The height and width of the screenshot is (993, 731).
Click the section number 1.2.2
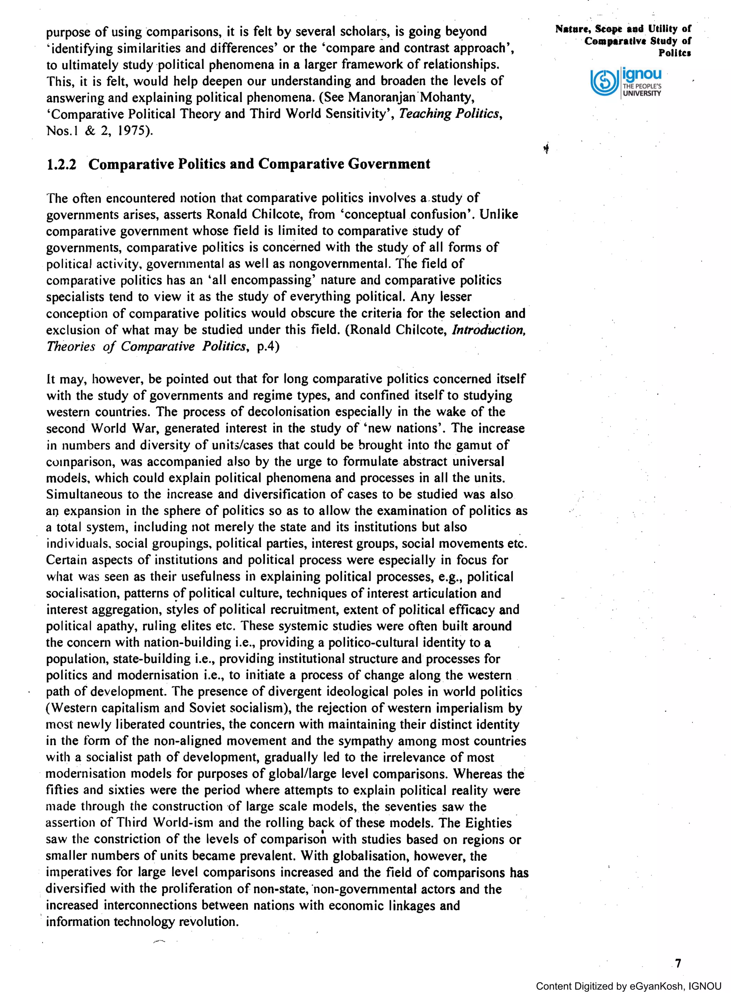(61, 164)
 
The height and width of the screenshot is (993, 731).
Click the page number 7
(678, 963)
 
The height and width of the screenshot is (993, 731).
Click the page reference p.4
(268, 347)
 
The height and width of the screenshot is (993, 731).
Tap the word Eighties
(488, 823)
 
